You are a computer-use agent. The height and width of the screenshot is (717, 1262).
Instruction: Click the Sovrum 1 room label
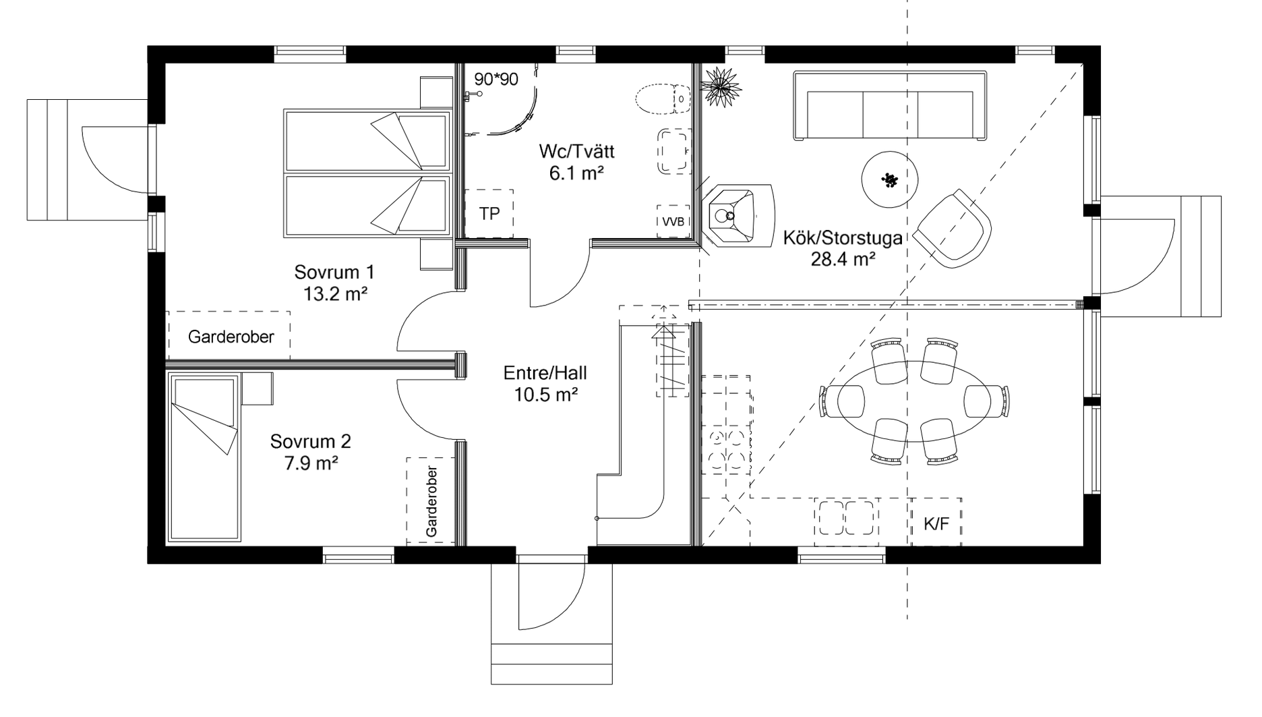coord(334,273)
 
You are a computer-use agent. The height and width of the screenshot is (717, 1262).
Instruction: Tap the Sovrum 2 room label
coord(311,442)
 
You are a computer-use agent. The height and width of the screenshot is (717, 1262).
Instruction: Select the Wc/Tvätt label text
coord(576,151)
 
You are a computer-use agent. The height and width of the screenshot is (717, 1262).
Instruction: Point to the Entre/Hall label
coord(545,373)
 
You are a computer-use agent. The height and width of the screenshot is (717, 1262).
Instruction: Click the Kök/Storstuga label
coord(843,238)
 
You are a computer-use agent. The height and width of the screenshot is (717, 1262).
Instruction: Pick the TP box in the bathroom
coord(489,214)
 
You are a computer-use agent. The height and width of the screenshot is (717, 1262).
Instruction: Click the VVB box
coord(673,221)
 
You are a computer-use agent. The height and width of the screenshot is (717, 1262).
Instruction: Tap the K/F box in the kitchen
coord(936,522)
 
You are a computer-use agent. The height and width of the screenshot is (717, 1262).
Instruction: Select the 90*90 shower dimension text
coord(496,80)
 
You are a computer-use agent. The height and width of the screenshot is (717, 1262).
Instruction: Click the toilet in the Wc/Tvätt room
coord(663,99)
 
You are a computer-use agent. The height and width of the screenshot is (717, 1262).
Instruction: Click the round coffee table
coord(890,180)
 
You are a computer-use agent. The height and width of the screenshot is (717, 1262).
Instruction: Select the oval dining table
coord(913,401)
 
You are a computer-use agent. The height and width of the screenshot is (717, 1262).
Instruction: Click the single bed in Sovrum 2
coord(204,458)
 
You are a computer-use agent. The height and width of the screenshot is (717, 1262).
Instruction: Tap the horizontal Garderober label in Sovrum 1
coord(231,337)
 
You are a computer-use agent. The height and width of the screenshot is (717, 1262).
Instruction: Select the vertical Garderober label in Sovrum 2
coord(431,502)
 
